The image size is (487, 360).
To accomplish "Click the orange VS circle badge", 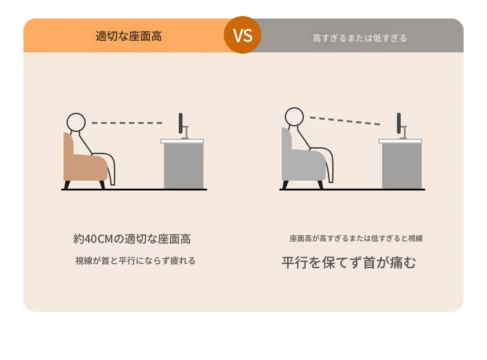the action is [242, 35].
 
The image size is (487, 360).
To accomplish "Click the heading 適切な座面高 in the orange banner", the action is [129, 36].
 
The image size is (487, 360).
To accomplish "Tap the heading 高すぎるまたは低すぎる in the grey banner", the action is [359, 38].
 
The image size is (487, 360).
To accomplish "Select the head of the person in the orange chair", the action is [76, 122].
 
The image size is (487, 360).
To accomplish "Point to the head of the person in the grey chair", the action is [294, 117].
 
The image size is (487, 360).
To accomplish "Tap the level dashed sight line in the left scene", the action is [127, 123].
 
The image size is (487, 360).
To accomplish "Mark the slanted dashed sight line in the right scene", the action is [345, 121].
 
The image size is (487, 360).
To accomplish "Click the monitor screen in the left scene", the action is [181, 123].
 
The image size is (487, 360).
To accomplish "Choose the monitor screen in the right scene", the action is [399, 123].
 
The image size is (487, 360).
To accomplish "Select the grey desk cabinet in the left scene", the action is [184, 166].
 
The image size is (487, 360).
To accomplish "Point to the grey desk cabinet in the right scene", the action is [402, 166].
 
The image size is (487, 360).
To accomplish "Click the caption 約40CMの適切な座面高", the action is [132, 239].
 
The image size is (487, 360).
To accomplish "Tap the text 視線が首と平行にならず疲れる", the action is [136, 260].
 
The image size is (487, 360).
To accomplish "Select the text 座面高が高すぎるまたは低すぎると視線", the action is [356, 238].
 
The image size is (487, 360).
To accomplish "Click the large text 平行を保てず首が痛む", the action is [348, 263].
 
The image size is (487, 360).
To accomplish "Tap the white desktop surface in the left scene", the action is [182, 141].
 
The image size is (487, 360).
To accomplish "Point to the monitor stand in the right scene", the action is [403, 133].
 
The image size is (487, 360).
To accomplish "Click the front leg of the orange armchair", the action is [102, 184].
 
